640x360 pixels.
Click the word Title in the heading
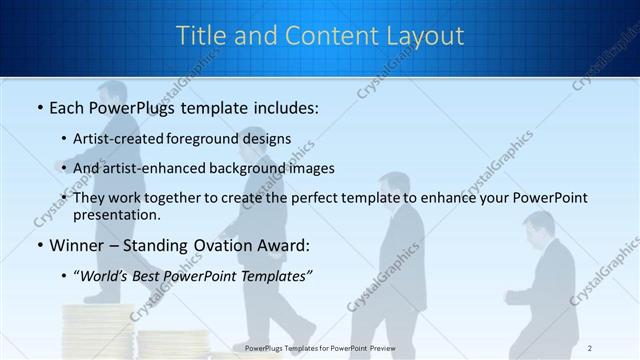point(201,35)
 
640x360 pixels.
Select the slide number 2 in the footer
point(590,347)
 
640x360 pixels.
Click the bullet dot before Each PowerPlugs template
point(39,107)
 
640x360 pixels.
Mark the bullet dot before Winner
point(39,245)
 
